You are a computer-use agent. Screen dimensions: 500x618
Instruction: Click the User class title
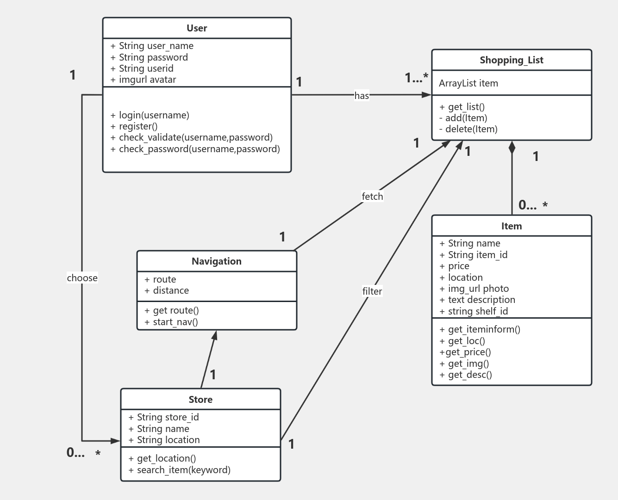pyautogui.click(x=197, y=28)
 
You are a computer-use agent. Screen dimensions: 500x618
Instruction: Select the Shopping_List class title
pyautogui.click(x=512, y=60)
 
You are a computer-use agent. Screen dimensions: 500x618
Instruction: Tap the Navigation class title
pyautogui.click(x=217, y=261)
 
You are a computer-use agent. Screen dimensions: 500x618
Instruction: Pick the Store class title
pyautogui.click(x=200, y=400)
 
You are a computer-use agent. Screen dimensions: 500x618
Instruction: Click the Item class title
pyautogui.click(x=512, y=226)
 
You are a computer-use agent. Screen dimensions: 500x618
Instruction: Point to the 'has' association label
pyautogui.click(x=362, y=95)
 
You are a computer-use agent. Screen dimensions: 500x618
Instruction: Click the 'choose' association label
pyautogui.click(x=82, y=278)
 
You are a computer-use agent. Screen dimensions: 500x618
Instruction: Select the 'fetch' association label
pyautogui.click(x=372, y=197)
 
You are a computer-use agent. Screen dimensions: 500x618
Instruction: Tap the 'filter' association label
pyautogui.click(x=372, y=291)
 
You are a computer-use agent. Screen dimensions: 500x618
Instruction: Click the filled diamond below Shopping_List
pyautogui.click(x=512, y=148)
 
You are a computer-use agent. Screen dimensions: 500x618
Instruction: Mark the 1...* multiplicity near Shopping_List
pyautogui.click(x=416, y=78)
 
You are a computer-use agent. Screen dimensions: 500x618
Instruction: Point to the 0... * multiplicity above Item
pyautogui.click(x=533, y=205)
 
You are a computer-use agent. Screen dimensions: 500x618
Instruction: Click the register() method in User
pyautogui.click(x=134, y=126)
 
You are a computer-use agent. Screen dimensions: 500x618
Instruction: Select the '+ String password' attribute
pyautogui.click(x=149, y=57)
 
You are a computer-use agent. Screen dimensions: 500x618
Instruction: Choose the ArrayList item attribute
pyautogui.click(x=468, y=83)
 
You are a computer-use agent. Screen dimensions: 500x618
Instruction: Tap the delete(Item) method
pyautogui.click(x=468, y=130)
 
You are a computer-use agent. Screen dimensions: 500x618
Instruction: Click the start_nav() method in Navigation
pyautogui.click(x=171, y=322)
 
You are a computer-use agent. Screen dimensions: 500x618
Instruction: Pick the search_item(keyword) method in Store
pyautogui.click(x=180, y=470)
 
